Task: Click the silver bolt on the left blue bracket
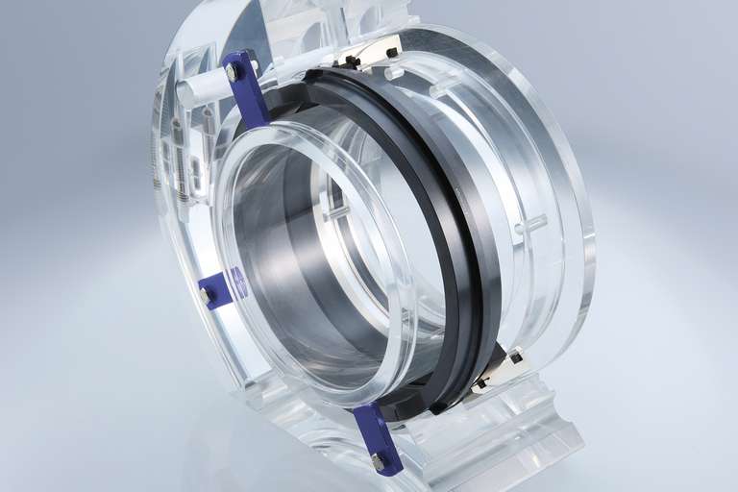coord(206,295)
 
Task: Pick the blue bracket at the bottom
coord(374,438)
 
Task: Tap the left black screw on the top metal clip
coord(353,61)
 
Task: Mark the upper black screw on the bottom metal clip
coord(517,357)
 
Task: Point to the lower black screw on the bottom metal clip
coord(480,386)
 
